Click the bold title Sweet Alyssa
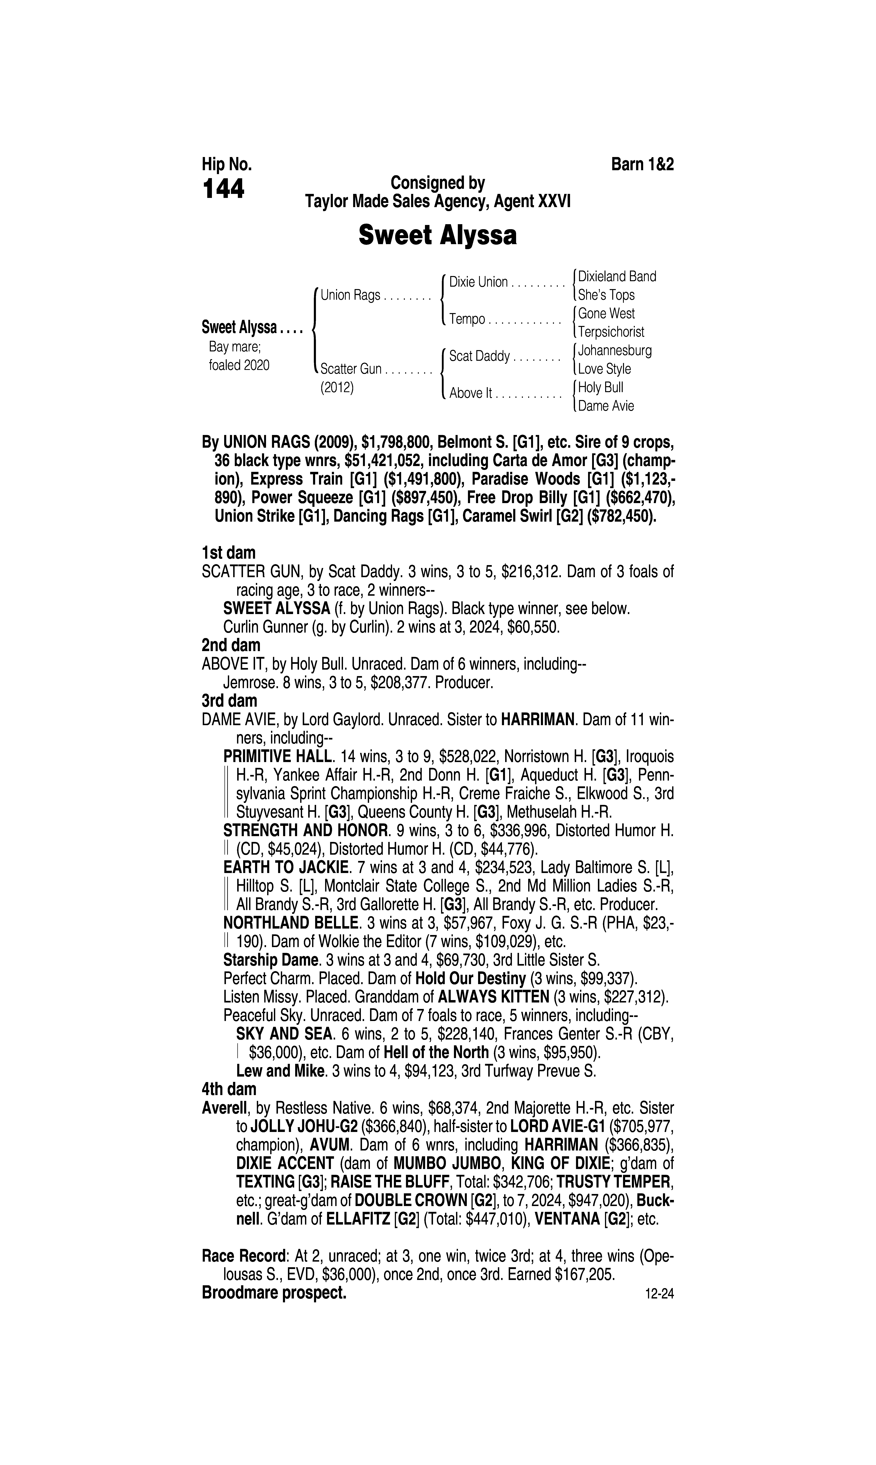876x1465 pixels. click(x=437, y=235)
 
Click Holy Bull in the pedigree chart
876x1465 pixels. click(x=600, y=388)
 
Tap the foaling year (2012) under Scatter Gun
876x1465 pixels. click(x=336, y=388)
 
